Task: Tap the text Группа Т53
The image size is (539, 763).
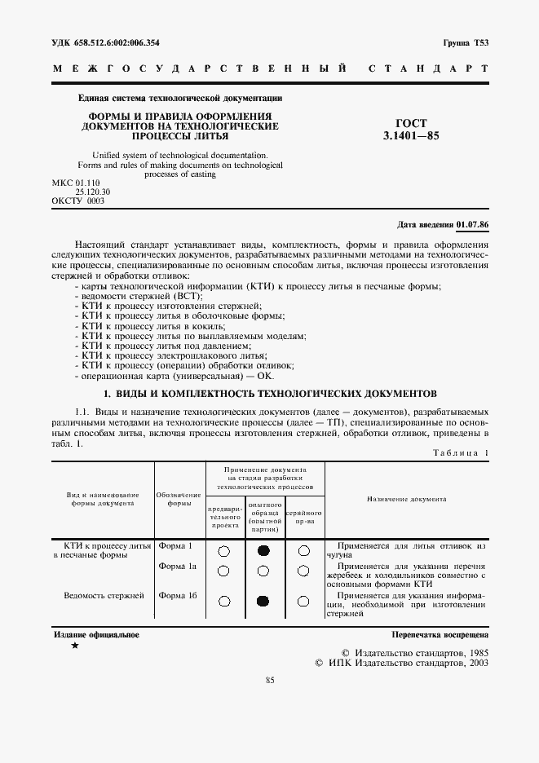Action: (466, 42)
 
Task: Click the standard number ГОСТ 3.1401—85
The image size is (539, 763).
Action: (411, 129)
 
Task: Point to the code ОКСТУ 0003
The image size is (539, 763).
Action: (78, 201)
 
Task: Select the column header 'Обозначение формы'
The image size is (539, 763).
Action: (179, 499)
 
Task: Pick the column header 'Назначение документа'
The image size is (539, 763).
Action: (406, 499)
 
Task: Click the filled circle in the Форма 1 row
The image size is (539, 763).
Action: (263, 551)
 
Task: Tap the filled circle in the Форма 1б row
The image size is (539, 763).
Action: (263, 602)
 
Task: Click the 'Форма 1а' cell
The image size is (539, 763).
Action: (178, 566)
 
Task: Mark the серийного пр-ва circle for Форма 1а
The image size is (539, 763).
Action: (303, 570)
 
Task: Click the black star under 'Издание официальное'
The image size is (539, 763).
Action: (75, 646)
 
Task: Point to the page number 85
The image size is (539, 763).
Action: (270, 681)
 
